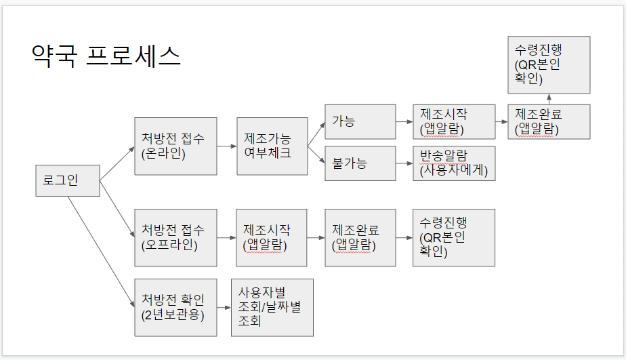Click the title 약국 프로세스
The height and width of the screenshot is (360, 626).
point(106,56)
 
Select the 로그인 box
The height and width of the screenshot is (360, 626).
point(67,180)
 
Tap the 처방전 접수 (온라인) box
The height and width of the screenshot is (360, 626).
point(175,146)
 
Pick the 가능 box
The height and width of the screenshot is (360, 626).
point(360,122)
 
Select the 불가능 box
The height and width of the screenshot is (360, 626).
point(360,163)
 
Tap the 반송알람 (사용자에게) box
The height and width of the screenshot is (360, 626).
point(453,163)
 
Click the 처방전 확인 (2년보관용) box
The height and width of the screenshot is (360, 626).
point(175,307)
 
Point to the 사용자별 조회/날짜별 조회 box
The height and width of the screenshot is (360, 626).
point(272,307)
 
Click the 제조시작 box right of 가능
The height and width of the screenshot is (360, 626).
point(453,122)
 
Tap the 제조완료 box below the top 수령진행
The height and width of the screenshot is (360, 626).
point(549,122)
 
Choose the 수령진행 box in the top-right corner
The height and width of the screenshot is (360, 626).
point(549,65)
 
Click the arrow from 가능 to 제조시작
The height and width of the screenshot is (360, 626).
point(404,123)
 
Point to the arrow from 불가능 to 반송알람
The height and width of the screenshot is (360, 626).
point(404,163)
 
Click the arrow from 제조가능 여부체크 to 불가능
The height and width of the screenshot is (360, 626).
point(316,155)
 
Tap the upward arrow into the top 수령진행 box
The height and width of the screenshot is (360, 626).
point(549,99)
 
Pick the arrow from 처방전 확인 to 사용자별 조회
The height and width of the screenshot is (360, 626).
point(224,307)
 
